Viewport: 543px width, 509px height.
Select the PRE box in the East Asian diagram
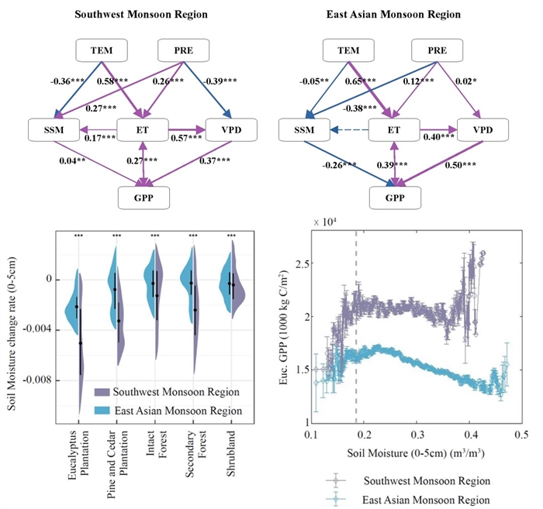coord(439,52)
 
